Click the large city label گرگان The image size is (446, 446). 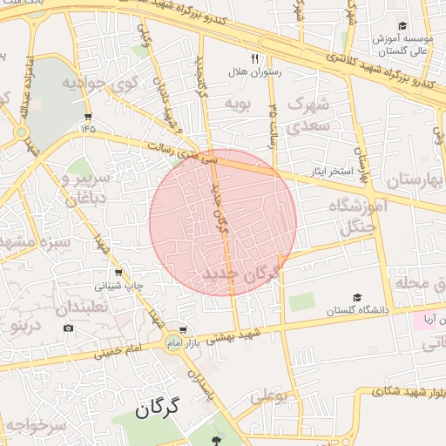tap(157, 408)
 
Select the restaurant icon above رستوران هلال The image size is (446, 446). tap(255, 58)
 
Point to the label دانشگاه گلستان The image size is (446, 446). tap(355, 310)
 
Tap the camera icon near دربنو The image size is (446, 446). tap(68, 328)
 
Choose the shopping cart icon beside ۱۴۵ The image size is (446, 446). tap(88, 116)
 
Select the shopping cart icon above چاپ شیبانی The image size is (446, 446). tap(118, 274)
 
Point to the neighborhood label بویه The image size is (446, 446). tap(239, 104)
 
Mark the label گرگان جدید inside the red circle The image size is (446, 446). tap(243, 274)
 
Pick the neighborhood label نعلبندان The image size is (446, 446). tap(82, 307)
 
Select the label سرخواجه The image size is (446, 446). tap(34, 426)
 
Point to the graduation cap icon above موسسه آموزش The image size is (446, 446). tap(402, 27)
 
